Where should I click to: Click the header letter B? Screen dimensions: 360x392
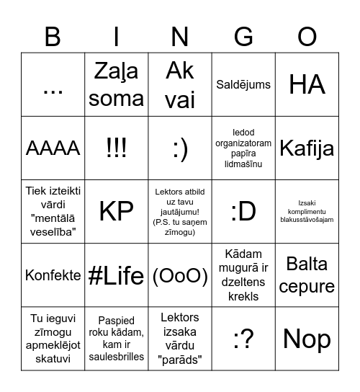(x=53, y=36)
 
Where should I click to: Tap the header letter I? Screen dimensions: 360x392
(x=117, y=36)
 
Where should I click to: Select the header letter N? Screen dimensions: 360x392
(x=180, y=36)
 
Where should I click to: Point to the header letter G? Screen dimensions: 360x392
(x=244, y=36)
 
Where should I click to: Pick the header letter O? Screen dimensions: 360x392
(x=307, y=36)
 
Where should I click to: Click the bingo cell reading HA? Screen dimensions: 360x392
(x=307, y=85)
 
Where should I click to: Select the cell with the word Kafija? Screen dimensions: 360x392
(x=307, y=148)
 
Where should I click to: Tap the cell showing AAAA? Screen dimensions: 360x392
(x=53, y=148)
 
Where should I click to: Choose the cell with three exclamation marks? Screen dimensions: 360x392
(x=117, y=148)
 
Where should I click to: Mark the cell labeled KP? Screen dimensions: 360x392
(x=117, y=212)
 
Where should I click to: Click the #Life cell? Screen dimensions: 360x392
(x=117, y=275)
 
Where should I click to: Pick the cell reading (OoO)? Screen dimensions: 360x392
(x=180, y=275)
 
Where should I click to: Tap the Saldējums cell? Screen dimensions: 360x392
(x=243, y=85)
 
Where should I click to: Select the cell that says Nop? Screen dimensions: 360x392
(x=307, y=339)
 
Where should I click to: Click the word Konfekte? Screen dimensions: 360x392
(x=53, y=275)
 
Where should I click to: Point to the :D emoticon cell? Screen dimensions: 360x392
(x=243, y=212)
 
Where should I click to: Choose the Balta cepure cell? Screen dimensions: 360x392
(x=307, y=275)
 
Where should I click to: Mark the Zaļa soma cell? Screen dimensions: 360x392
(x=117, y=85)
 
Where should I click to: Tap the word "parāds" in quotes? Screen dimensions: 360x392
(x=180, y=360)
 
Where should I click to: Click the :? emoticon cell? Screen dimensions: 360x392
(x=243, y=339)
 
